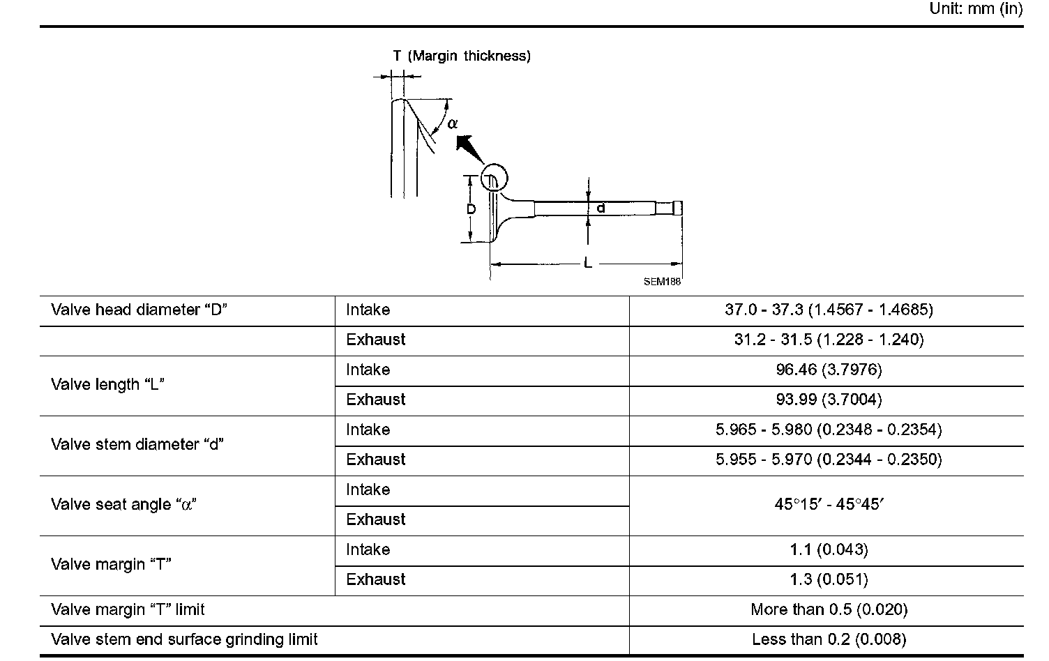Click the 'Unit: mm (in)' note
(976, 9)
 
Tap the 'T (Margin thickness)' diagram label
(461, 56)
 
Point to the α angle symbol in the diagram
(453, 123)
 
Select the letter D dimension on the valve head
(471, 209)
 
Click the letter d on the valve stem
(601, 208)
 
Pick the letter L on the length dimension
(588, 264)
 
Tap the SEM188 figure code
(662, 282)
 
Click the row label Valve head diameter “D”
(139, 310)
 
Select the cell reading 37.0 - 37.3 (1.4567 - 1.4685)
(829, 310)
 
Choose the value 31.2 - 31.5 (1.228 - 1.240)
(829, 340)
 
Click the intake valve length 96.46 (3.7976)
(829, 370)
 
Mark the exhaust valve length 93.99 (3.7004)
(829, 400)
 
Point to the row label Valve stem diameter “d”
(137, 444)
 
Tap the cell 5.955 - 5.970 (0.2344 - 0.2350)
(829, 459)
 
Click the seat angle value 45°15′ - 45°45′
(829, 504)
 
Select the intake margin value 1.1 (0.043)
(829, 549)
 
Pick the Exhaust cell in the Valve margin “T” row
(375, 579)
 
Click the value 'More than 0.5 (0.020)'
(829, 609)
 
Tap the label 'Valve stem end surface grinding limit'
(184, 639)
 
